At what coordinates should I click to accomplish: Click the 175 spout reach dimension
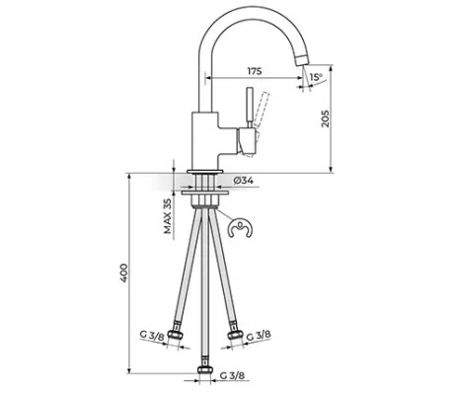(x=255, y=71)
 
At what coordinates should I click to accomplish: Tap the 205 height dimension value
(x=325, y=118)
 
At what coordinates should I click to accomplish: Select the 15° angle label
(x=316, y=77)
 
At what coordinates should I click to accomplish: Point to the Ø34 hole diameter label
(x=243, y=181)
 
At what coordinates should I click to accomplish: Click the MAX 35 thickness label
(x=168, y=216)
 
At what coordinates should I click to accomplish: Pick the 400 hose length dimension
(x=123, y=273)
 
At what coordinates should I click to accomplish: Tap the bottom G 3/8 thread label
(x=232, y=375)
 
